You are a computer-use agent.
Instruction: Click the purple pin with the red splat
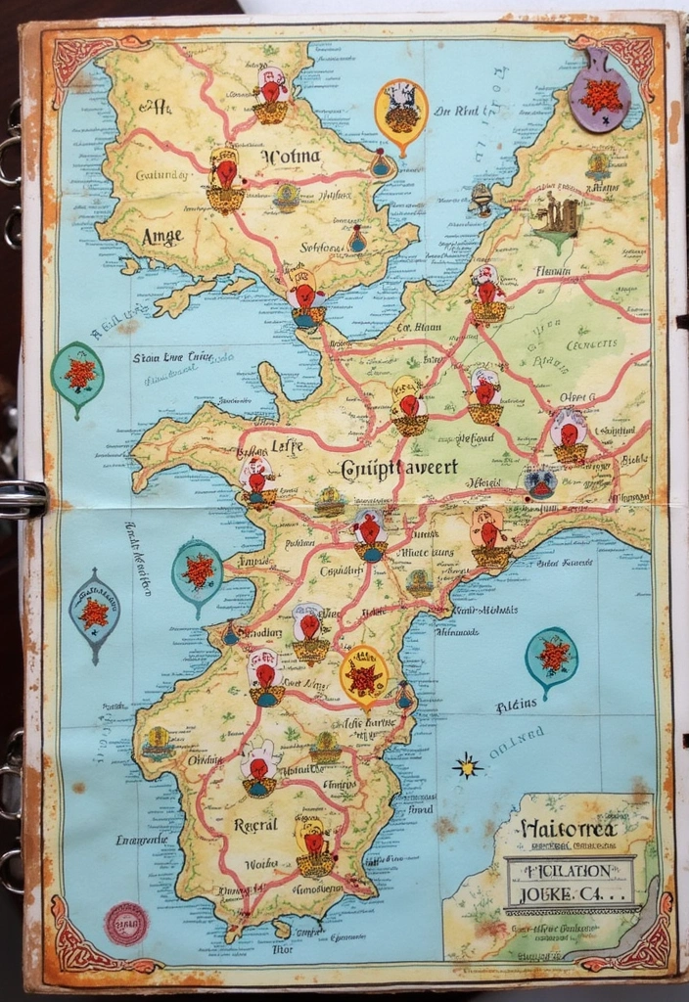(600, 96)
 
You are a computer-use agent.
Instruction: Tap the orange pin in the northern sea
(400, 111)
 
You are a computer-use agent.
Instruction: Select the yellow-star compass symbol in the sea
(468, 765)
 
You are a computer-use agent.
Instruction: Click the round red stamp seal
(126, 922)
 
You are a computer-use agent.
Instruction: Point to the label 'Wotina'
(291, 155)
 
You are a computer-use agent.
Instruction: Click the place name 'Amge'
(162, 236)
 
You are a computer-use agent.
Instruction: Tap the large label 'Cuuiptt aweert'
(398, 467)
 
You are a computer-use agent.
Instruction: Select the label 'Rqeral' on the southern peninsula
(256, 824)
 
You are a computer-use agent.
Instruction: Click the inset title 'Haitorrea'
(568, 829)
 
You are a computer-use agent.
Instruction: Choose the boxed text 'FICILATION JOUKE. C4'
(570, 881)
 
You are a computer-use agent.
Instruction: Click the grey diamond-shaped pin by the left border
(94, 615)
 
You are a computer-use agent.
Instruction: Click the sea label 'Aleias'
(516, 703)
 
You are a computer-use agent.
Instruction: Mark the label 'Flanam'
(553, 271)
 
